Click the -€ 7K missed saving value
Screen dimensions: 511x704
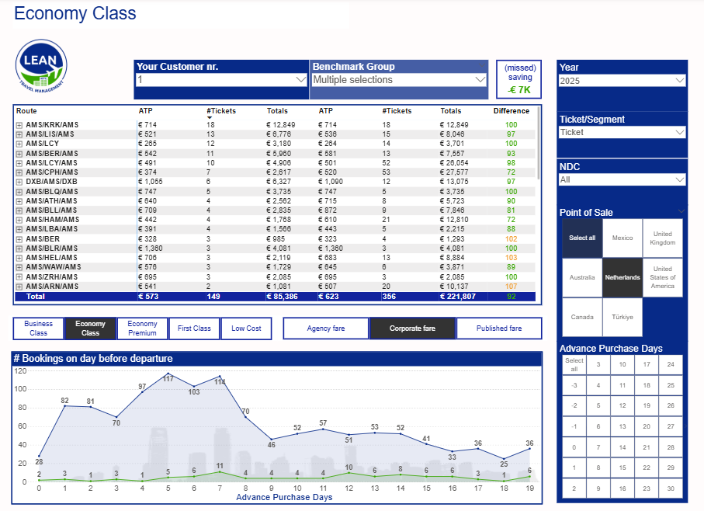(519, 90)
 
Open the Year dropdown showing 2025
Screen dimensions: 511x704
(622, 81)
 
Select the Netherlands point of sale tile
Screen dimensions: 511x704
(623, 277)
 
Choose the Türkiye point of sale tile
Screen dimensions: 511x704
(623, 317)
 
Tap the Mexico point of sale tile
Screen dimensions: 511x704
(623, 238)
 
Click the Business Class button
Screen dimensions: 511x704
(39, 328)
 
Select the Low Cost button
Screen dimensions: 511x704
(246, 328)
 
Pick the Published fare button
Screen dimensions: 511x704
(499, 328)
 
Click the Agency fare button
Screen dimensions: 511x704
(326, 328)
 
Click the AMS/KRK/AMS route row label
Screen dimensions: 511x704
(52, 125)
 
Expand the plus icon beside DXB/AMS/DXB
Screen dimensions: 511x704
(19, 182)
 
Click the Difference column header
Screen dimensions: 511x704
(511, 111)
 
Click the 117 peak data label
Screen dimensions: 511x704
(168, 377)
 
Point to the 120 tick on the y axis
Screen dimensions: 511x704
(21, 370)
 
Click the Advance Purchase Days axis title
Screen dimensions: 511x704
(284, 497)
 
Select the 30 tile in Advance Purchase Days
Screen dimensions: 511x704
(670, 488)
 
